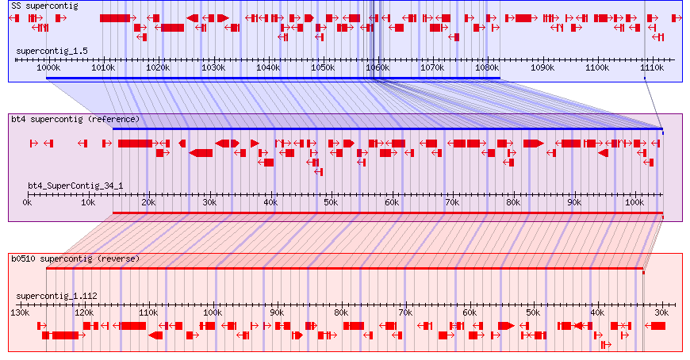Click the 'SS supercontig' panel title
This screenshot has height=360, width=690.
[44, 6]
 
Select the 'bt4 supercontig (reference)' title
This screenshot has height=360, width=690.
[75, 119]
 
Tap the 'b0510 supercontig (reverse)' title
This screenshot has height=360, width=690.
[75, 259]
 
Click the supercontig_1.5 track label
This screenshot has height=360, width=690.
[52, 51]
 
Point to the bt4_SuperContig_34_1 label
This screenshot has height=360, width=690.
[75, 186]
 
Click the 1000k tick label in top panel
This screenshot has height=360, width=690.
[48, 69]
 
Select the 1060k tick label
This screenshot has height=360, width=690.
[377, 69]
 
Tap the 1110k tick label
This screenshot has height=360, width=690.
[651, 69]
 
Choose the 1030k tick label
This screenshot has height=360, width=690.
[213, 69]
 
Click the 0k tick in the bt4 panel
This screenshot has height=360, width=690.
[27, 203]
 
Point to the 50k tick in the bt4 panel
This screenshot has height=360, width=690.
[331, 203]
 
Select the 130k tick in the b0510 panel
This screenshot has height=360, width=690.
[20, 313]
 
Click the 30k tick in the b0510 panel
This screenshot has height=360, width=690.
[661, 313]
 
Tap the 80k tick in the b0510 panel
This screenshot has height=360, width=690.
[341, 313]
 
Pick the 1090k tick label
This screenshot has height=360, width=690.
[542, 69]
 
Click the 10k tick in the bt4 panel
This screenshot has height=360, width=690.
[87, 203]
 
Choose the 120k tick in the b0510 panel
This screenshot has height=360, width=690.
[84, 313]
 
